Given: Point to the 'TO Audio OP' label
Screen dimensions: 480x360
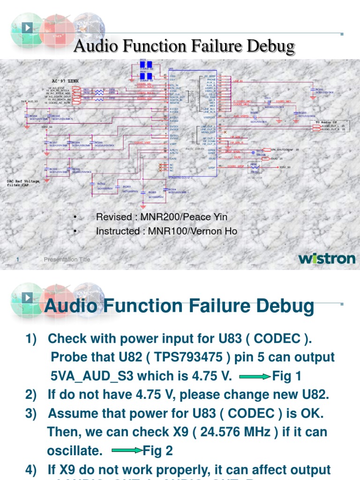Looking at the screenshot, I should coord(326,122).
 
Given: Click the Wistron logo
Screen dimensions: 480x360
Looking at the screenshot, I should coord(327,258).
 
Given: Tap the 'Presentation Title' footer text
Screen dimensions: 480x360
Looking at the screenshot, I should coord(67,260).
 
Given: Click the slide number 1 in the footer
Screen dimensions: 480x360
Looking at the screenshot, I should coord(17,260).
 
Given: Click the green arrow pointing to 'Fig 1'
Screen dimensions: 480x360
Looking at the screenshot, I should coord(255,376).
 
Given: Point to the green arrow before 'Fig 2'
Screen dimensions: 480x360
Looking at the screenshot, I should coord(127,451).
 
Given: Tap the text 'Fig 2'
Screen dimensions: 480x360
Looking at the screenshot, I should coord(158,451).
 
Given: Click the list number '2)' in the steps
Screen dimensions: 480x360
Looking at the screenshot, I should coord(32,395).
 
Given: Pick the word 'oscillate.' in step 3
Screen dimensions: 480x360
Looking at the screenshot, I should coord(75,451).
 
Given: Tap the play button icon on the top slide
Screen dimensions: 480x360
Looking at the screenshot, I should coord(28,28).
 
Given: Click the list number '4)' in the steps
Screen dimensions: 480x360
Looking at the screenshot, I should coord(32,469).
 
